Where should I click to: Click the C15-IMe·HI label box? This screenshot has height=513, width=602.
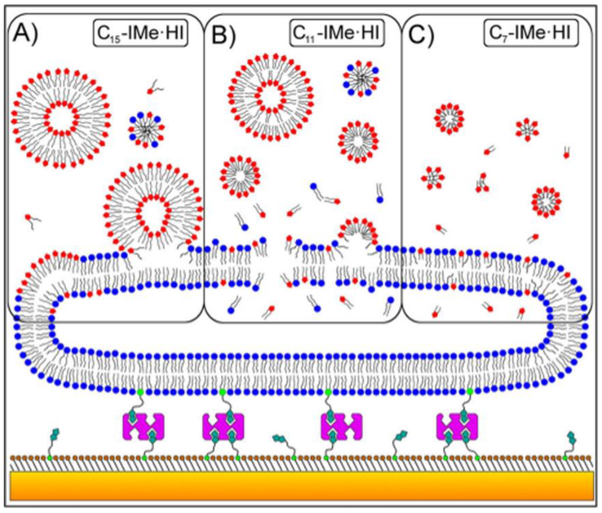click(x=141, y=33)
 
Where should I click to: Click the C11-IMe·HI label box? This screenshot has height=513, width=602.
click(x=337, y=33)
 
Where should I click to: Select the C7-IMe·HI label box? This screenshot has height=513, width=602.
click(x=531, y=33)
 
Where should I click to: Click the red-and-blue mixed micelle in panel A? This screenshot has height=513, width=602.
click(x=146, y=130)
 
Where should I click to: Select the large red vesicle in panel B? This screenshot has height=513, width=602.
click(x=270, y=97)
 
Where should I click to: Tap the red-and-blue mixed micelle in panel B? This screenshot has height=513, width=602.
click(x=360, y=78)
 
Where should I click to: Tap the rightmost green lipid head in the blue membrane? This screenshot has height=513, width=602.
click(x=470, y=392)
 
